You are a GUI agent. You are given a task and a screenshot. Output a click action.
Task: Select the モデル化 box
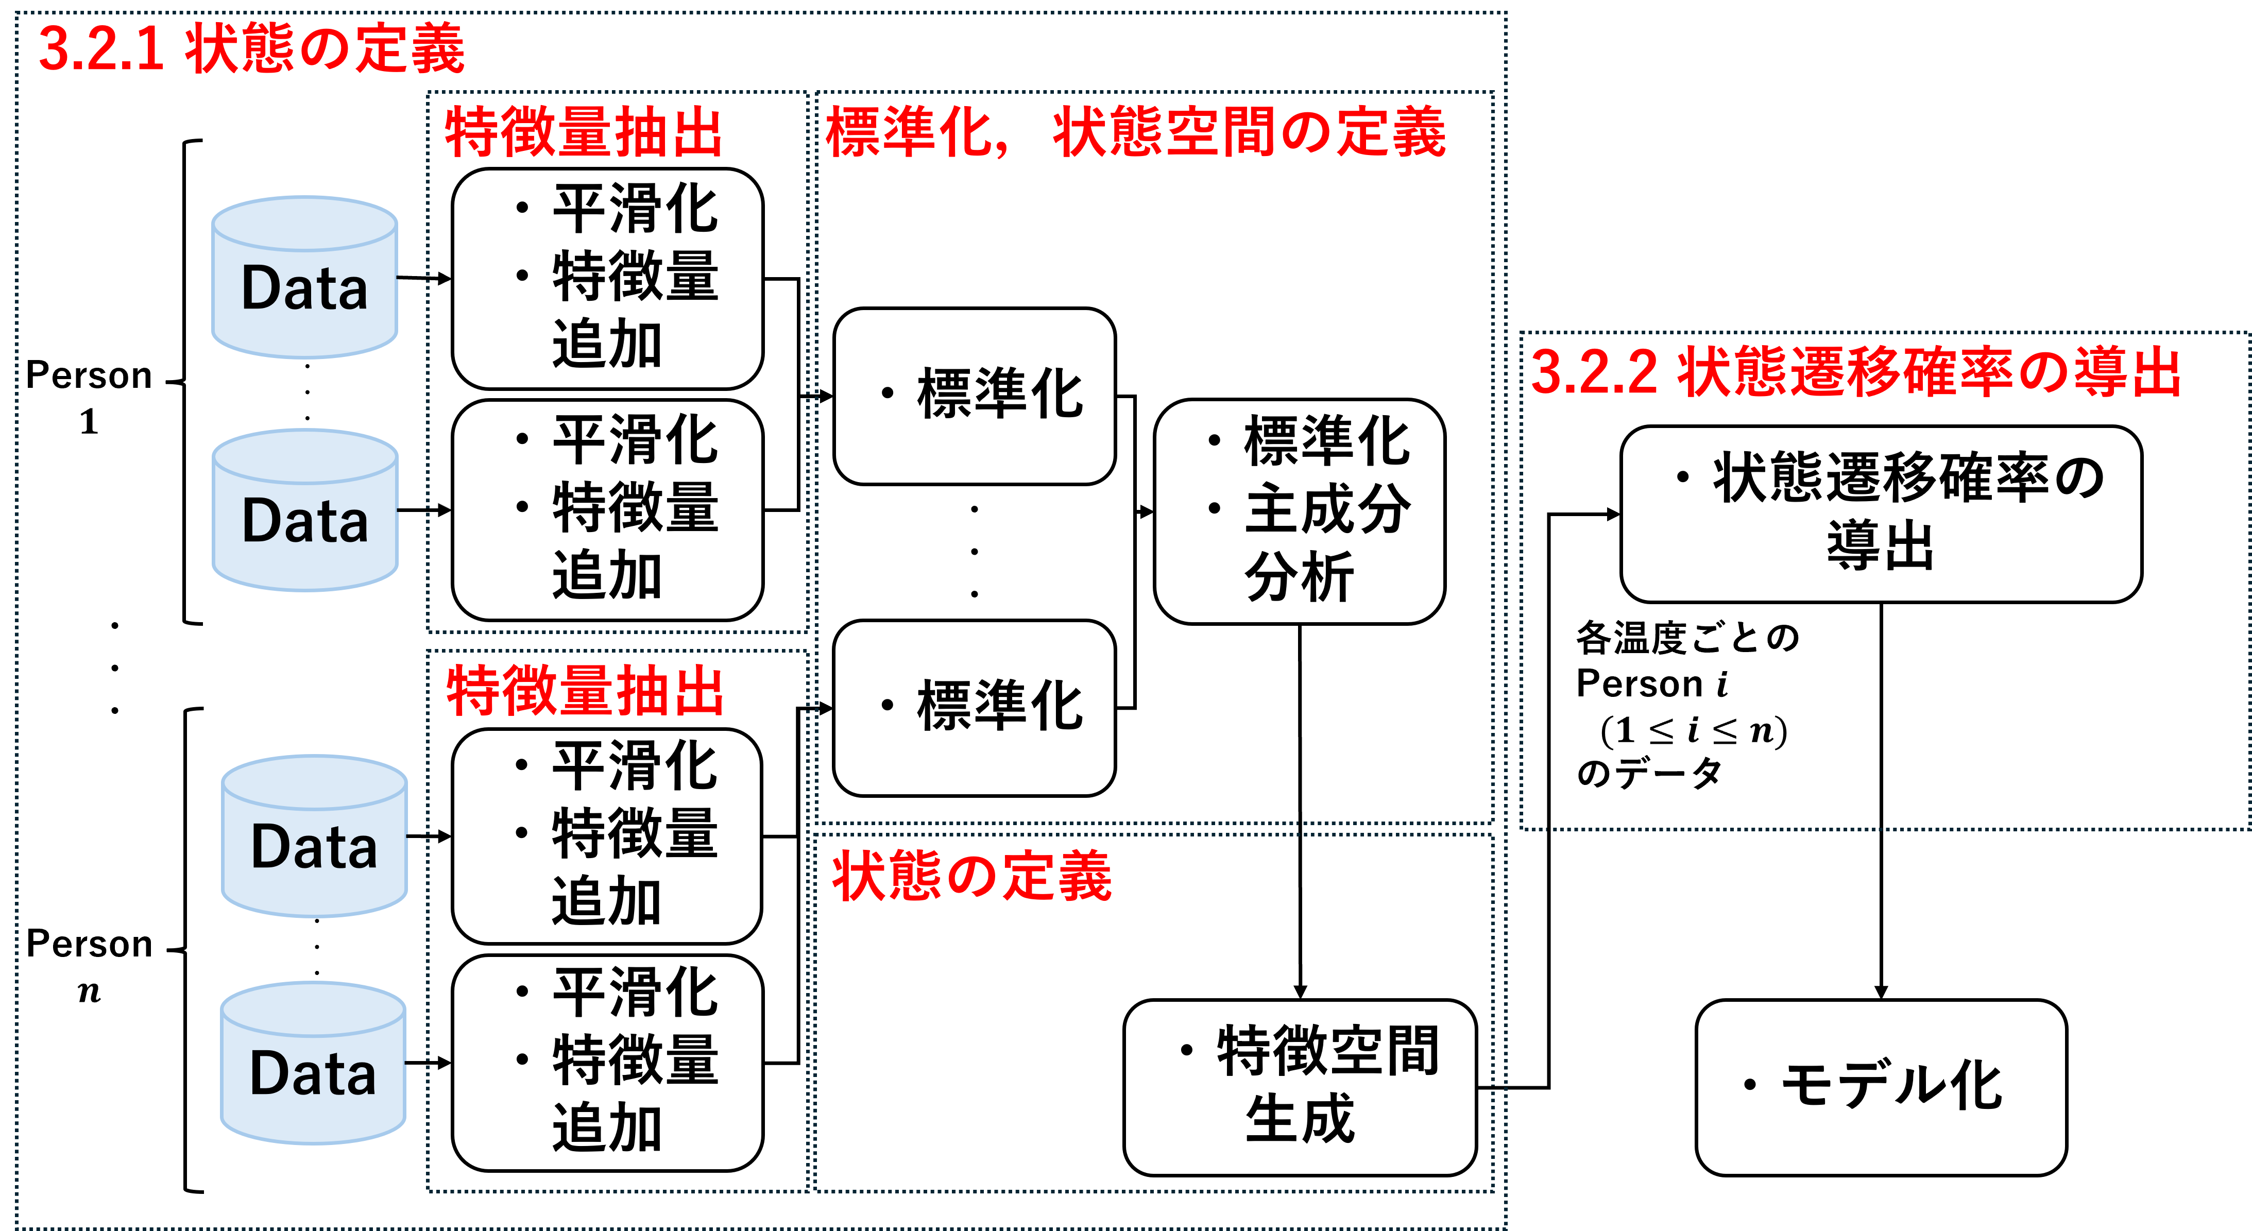(x=1881, y=1088)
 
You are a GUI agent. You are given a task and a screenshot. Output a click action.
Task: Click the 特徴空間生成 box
(x=1300, y=1088)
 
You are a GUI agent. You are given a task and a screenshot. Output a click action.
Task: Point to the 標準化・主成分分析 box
(x=1299, y=511)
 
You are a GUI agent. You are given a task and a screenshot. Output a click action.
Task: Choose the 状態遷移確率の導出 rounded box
(x=1881, y=514)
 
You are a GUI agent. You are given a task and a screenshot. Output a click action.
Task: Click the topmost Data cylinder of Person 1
(x=305, y=277)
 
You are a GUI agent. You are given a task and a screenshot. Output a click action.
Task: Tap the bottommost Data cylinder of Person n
(x=313, y=1063)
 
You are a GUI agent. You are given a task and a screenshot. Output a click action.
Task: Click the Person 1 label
(x=89, y=398)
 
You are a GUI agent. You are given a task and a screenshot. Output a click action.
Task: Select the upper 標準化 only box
(x=975, y=396)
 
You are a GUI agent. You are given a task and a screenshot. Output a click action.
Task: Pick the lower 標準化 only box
(x=975, y=708)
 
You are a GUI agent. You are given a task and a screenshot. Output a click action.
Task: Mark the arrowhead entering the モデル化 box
(x=1881, y=993)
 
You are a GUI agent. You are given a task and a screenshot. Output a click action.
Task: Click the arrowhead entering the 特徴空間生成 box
(x=1300, y=993)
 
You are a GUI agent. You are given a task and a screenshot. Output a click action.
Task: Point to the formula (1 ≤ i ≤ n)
(x=1693, y=729)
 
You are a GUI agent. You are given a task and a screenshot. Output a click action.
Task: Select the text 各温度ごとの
(x=1687, y=638)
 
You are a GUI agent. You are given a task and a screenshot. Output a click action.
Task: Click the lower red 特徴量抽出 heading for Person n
(x=585, y=691)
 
